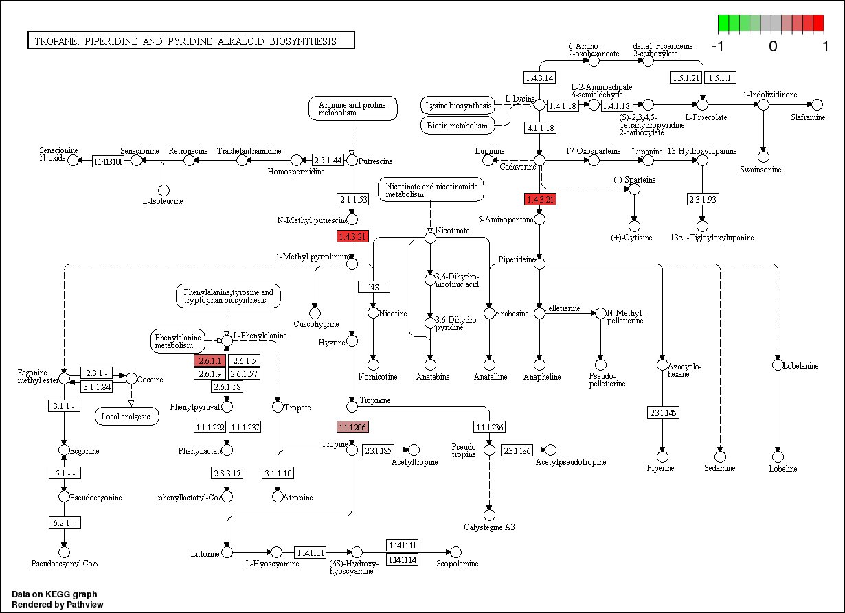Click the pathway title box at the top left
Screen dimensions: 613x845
click(x=190, y=41)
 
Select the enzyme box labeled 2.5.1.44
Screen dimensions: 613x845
click(x=328, y=160)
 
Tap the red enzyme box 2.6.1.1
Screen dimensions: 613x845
click(x=210, y=361)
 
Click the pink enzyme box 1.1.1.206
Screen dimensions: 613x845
click(x=352, y=428)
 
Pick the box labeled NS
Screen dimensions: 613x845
click(x=374, y=287)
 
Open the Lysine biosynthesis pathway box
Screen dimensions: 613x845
click(x=458, y=106)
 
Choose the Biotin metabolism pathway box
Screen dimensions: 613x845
click(x=457, y=126)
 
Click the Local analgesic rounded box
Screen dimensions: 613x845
click(x=126, y=416)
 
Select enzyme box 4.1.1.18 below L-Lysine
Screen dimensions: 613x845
click(x=540, y=128)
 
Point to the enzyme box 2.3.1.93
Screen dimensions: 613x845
click(x=702, y=200)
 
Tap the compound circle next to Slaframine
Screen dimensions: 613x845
click(x=817, y=104)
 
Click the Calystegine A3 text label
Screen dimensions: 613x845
click(x=489, y=527)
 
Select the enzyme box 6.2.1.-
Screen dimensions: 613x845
click(x=64, y=523)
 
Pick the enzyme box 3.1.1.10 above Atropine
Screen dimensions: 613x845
click(x=278, y=473)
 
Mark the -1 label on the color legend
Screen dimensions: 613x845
click(x=718, y=47)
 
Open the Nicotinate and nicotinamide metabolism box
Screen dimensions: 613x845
click(x=430, y=189)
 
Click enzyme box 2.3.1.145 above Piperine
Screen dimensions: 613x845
click(x=662, y=413)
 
